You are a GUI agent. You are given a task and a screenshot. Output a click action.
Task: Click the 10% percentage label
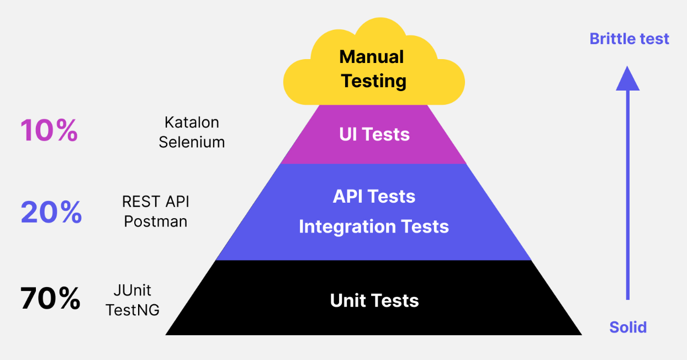point(49,130)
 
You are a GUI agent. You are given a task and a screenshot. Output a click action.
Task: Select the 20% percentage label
point(51,211)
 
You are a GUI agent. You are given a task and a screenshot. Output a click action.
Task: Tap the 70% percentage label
point(50,298)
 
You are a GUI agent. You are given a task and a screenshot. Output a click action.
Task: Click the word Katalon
point(192,123)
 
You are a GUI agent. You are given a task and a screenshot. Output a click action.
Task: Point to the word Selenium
point(192,142)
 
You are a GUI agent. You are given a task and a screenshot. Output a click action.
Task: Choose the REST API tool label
point(156,202)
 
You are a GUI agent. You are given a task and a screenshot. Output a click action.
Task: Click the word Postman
point(156,221)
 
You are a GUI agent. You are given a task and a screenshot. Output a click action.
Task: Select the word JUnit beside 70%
point(132,290)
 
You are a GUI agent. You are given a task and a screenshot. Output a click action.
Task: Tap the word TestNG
point(133,310)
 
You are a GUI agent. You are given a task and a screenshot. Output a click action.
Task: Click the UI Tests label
point(374,134)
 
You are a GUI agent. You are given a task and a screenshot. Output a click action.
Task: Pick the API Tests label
point(374,196)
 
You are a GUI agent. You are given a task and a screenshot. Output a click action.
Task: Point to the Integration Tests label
point(374,226)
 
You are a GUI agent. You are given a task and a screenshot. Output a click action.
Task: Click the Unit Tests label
point(374,300)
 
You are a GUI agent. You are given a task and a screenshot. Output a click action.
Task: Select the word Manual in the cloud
point(372,57)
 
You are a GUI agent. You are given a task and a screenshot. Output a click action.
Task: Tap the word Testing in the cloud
point(373,81)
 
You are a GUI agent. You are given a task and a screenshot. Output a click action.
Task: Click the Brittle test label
point(629,39)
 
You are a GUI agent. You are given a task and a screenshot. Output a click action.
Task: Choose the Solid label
point(628,327)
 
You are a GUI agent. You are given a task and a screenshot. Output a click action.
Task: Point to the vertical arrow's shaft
point(627,195)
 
